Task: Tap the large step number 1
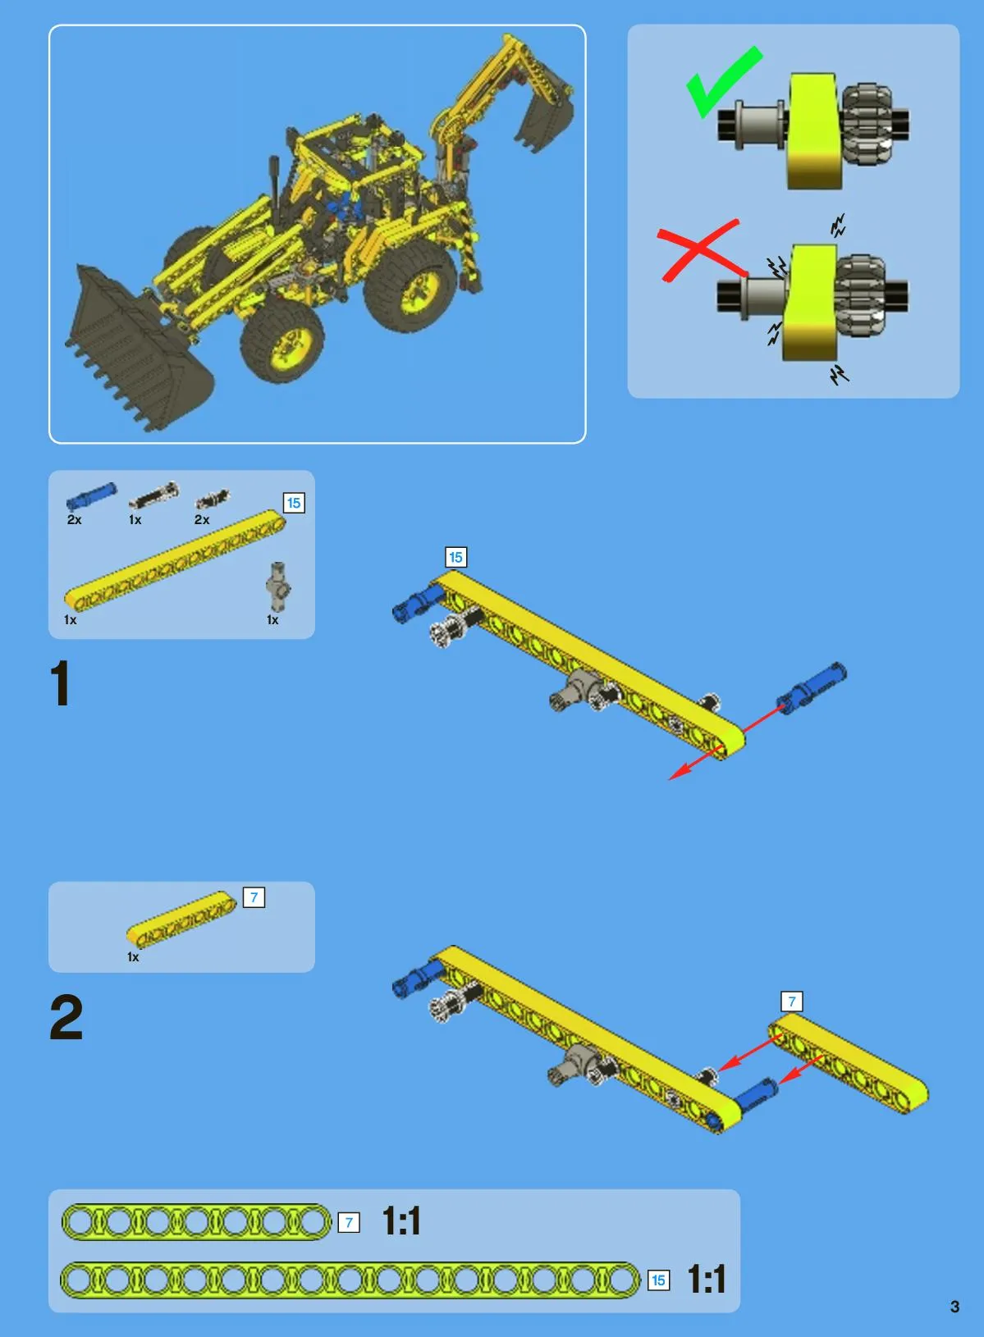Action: coord(60,683)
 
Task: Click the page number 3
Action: coord(954,1307)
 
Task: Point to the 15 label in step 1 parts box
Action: coord(294,503)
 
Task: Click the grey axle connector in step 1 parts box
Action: coord(278,586)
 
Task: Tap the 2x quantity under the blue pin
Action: coord(74,520)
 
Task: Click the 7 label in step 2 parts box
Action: coord(254,897)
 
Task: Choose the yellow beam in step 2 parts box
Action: coord(181,919)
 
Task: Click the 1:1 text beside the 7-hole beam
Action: coord(401,1221)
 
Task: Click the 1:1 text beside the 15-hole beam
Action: coord(707,1279)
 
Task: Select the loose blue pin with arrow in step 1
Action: coord(812,687)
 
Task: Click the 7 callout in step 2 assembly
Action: coord(792,1002)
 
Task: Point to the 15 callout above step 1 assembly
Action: coord(455,558)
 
